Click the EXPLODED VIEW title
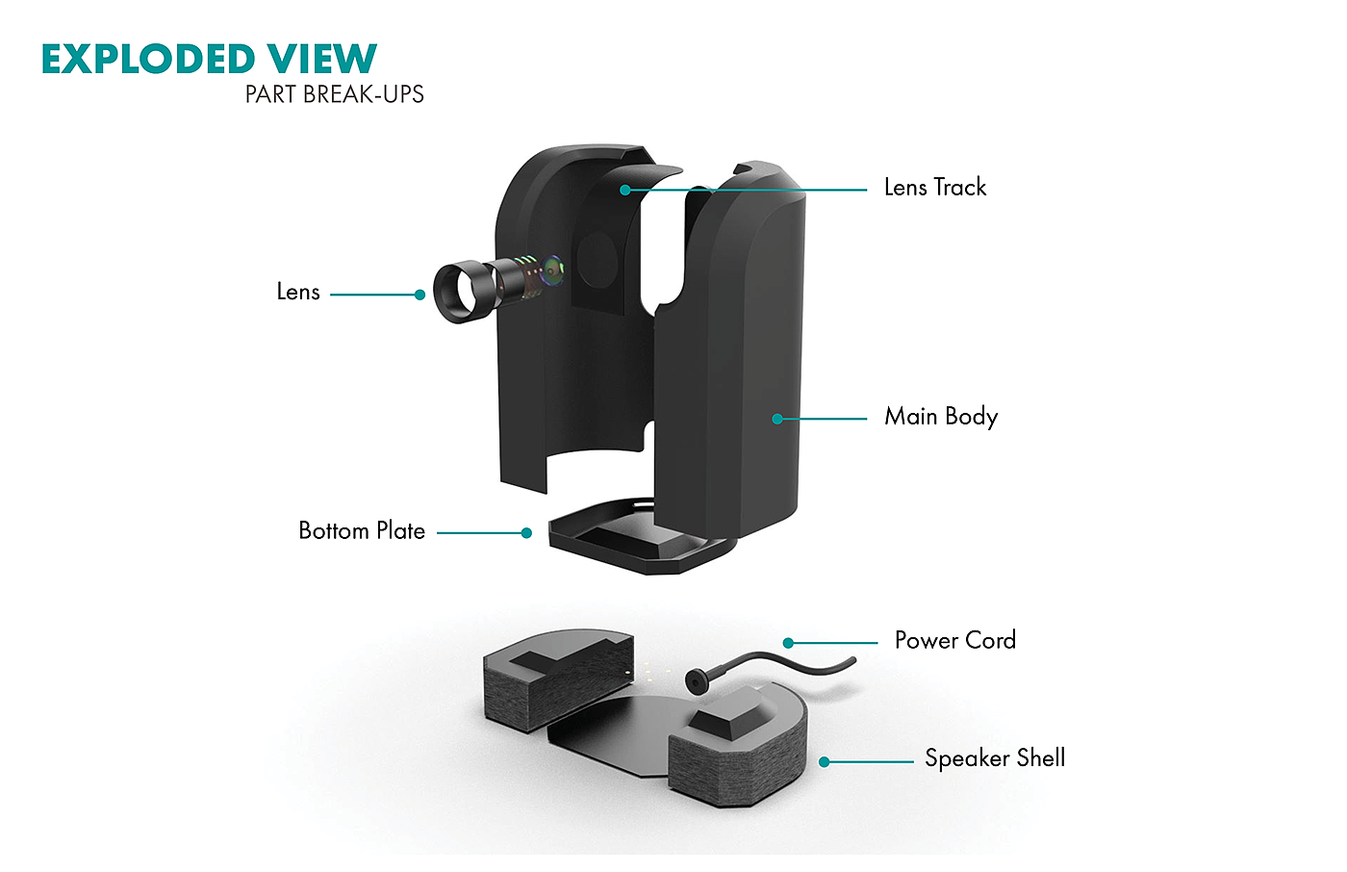(x=209, y=59)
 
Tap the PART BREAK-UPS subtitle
(x=334, y=94)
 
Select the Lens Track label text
(x=935, y=187)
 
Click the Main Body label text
(x=941, y=416)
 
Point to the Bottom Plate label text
(x=362, y=530)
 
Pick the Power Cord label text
(x=954, y=640)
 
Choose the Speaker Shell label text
(x=995, y=758)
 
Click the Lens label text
(x=298, y=292)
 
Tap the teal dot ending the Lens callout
(x=419, y=295)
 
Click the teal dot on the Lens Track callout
(x=625, y=190)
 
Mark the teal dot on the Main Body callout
(x=777, y=419)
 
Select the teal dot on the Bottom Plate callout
(x=526, y=532)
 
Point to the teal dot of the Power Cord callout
(x=788, y=643)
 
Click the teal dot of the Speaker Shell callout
(x=824, y=761)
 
